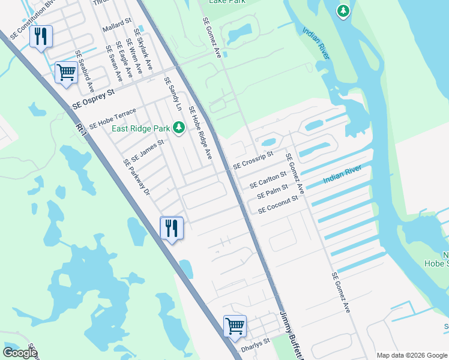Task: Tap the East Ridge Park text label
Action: [x=140, y=128]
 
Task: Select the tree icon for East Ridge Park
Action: [x=178, y=127]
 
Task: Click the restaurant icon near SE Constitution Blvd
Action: [x=41, y=37]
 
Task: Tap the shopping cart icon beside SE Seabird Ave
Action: [x=66, y=73]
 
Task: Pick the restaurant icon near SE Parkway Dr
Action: [x=172, y=228]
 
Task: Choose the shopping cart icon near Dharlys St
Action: [x=235, y=327]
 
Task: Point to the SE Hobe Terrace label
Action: [x=113, y=119]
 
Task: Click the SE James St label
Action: [x=147, y=150]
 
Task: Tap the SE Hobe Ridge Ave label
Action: [x=200, y=133]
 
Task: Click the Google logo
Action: [x=20, y=352]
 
